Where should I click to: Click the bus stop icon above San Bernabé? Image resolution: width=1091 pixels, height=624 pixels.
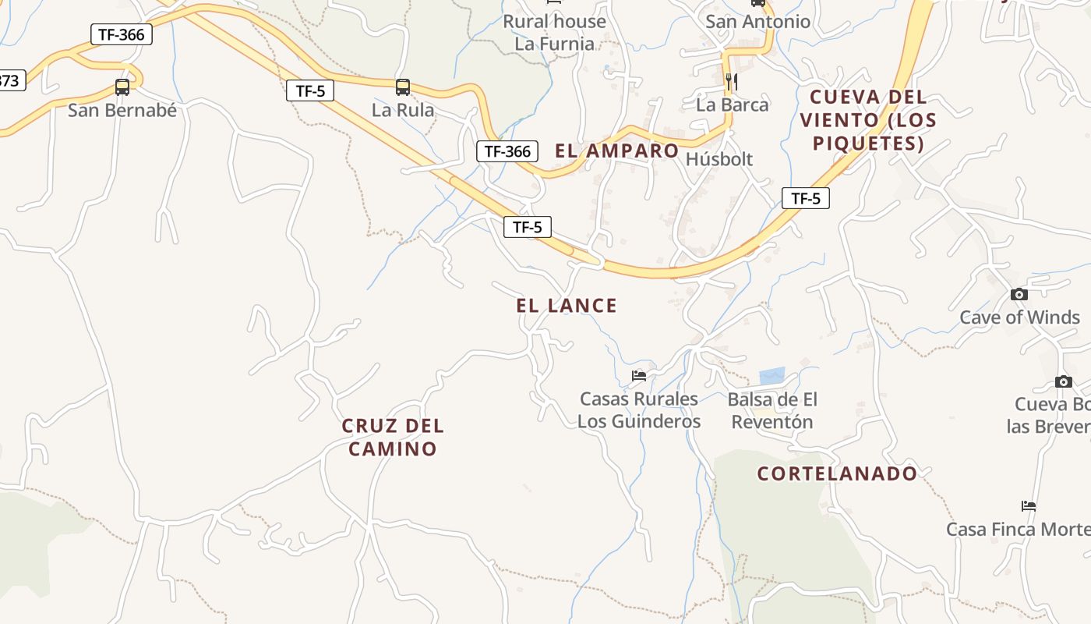click(x=122, y=87)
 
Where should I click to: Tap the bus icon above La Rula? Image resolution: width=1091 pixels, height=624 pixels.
click(x=403, y=87)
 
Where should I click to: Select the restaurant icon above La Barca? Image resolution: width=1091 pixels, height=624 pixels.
click(x=731, y=81)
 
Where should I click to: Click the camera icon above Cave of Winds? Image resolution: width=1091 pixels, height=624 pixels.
click(x=1019, y=294)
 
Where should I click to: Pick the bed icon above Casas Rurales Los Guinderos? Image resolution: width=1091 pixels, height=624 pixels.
click(x=639, y=376)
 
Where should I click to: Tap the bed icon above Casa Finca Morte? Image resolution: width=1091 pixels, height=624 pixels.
click(x=1029, y=506)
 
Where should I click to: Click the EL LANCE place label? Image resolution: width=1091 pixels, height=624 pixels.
click(x=567, y=306)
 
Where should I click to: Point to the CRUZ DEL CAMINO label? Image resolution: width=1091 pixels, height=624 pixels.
click(x=393, y=437)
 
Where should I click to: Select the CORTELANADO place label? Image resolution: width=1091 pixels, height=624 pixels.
click(x=838, y=473)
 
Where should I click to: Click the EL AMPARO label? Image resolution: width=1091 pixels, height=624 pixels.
click(x=616, y=151)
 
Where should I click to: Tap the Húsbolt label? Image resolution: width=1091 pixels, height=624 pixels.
click(x=719, y=159)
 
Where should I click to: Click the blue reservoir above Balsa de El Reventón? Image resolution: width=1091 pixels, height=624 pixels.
click(x=771, y=376)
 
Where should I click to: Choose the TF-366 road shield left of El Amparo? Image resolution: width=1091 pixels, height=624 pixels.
click(x=507, y=151)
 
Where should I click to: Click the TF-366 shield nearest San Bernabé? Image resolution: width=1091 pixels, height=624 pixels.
click(x=122, y=34)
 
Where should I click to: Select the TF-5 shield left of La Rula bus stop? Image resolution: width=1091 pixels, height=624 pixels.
click(x=310, y=90)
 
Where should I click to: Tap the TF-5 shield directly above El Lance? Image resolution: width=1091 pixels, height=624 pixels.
click(x=528, y=227)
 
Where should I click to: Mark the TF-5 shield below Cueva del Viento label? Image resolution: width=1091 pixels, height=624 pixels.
click(x=806, y=198)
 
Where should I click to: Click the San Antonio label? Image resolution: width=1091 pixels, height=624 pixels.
click(x=757, y=22)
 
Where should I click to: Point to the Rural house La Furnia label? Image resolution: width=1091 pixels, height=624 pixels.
click(x=554, y=33)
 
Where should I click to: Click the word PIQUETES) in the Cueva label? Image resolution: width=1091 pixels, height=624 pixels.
click(x=868, y=144)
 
